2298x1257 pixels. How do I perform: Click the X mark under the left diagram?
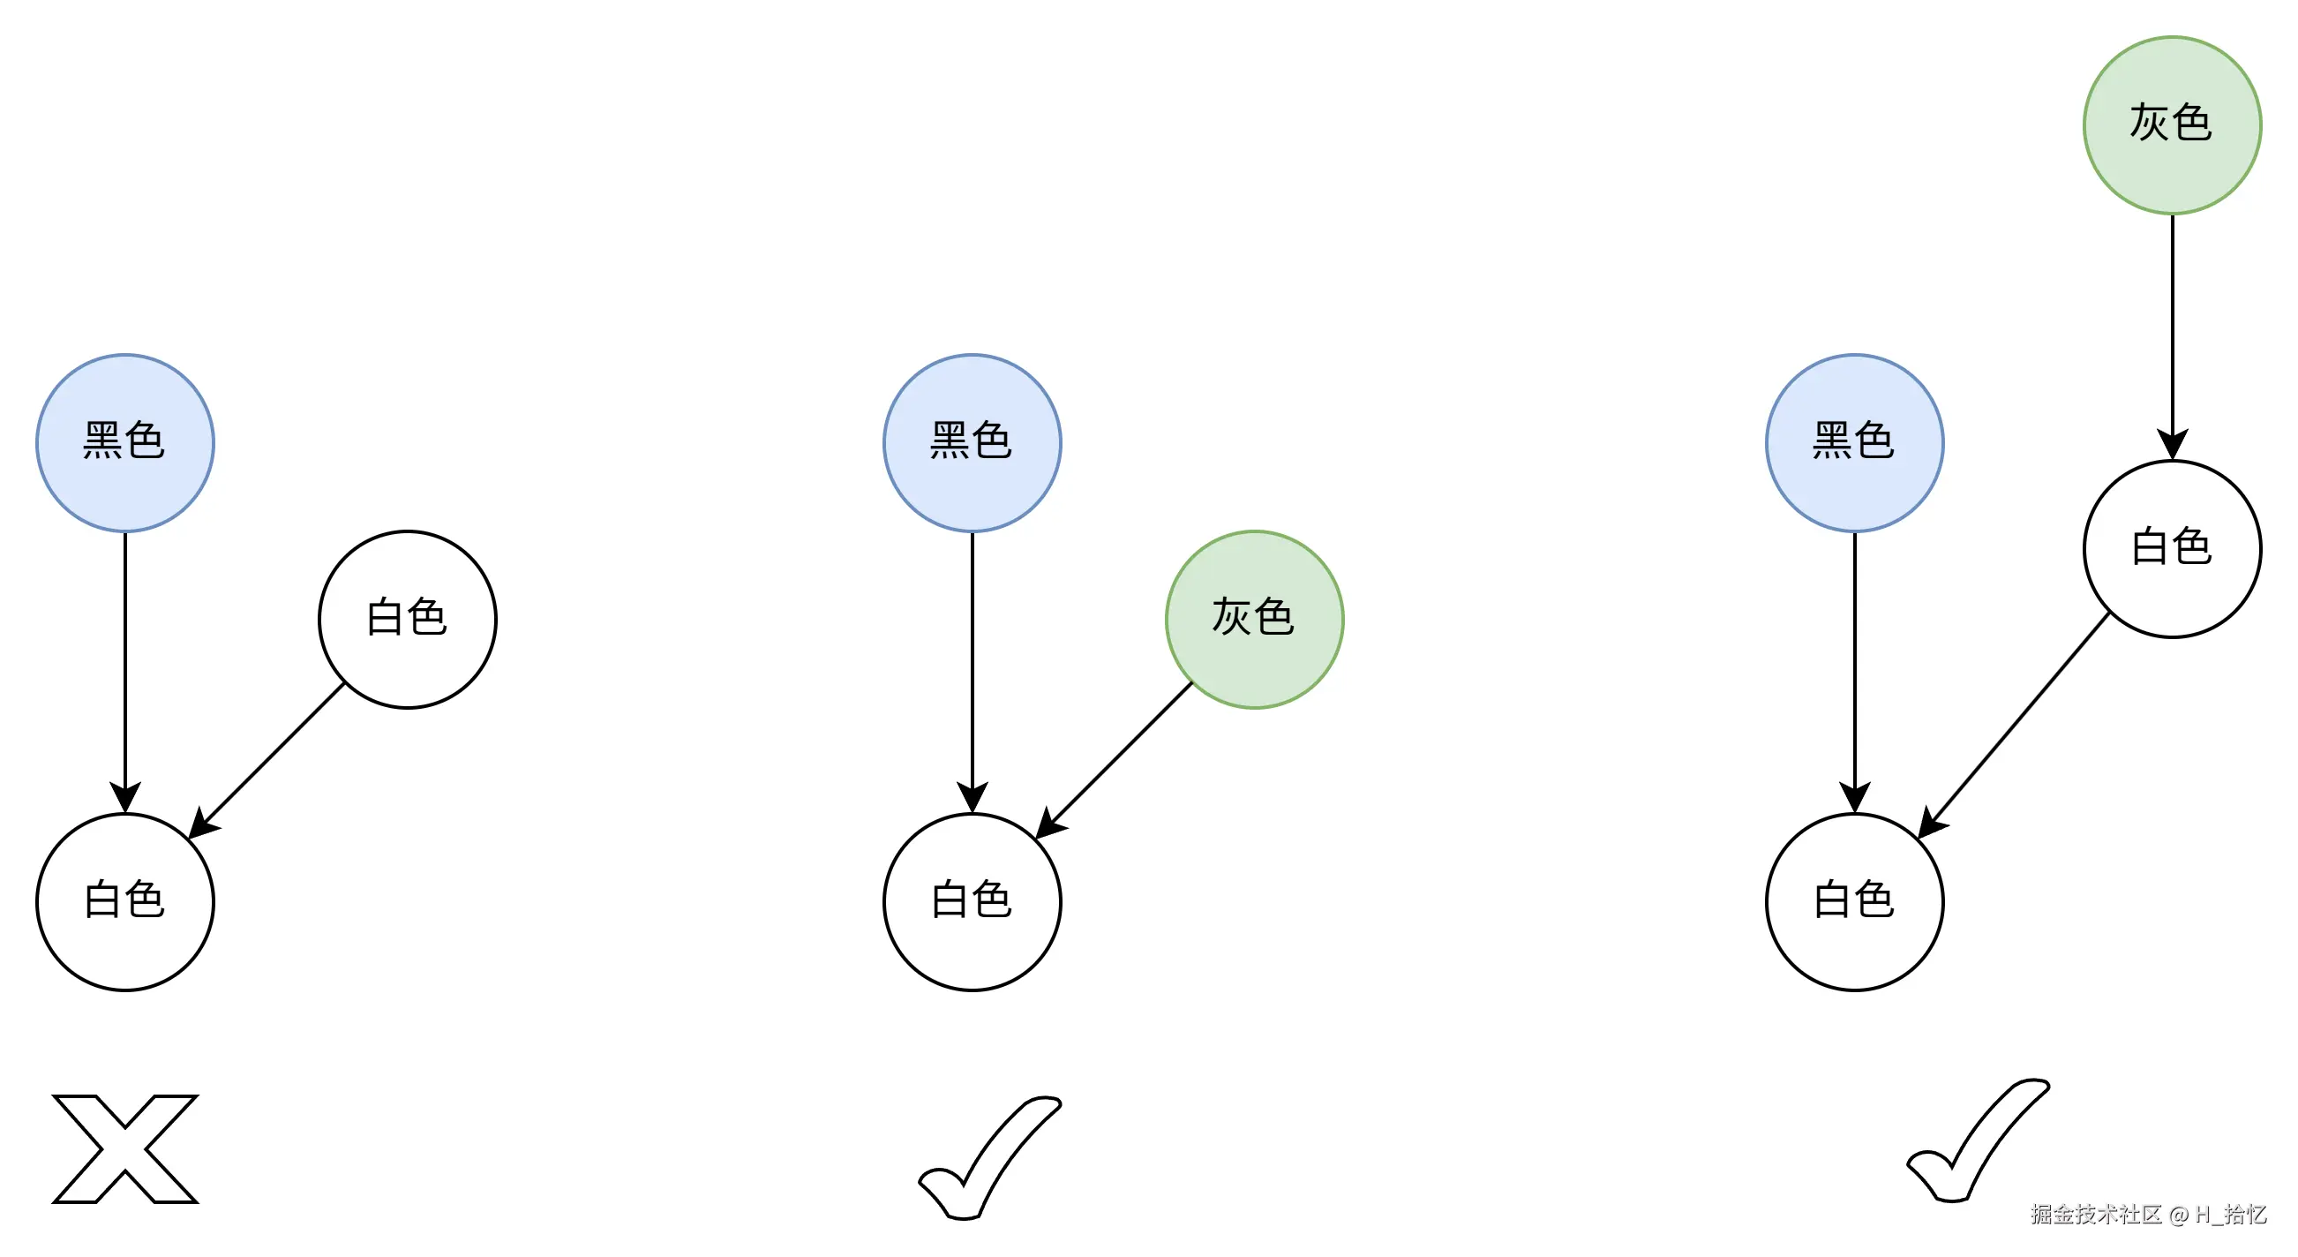coord(125,1149)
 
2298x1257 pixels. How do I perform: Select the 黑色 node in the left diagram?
coord(125,442)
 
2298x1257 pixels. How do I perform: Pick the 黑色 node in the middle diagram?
coord(972,442)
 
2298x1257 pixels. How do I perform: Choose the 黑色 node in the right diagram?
coord(1854,442)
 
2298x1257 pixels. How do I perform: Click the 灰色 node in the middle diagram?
coord(1254,619)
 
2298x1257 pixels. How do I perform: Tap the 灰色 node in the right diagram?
coord(2171,124)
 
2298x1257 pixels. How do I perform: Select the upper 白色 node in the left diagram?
coord(407,619)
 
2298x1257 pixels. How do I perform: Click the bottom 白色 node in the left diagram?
coord(125,901)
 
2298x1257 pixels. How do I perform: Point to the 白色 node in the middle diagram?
coord(972,901)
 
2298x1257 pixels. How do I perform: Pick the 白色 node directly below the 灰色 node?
coord(2171,549)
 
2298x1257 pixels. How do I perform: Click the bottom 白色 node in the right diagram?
coord(1854,901)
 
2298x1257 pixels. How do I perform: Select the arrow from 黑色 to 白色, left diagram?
coord(125,669)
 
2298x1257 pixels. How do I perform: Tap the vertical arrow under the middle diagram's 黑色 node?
coord(972,669)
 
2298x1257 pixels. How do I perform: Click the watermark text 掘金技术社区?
coord(2097,1214)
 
